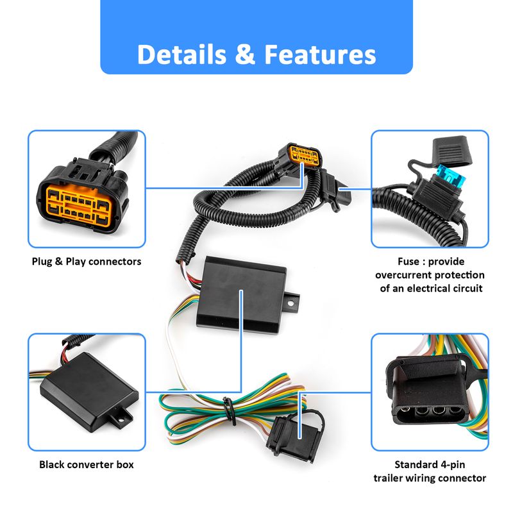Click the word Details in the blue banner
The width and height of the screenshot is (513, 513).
pos(182,55)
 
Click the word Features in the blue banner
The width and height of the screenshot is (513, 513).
pos(320,55)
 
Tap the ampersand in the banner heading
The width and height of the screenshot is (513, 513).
pos(245,55)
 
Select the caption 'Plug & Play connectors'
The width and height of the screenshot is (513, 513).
pos(87,262)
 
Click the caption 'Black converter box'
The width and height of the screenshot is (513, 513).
pos(87,464)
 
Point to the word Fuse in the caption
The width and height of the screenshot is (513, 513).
pos(408,262)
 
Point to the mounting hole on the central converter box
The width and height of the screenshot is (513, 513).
pos(290,303)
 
